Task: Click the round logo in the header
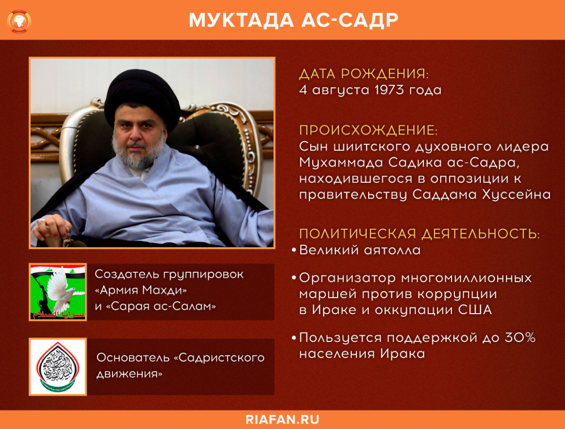click(20, 21)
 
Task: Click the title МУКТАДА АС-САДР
click(293, 21)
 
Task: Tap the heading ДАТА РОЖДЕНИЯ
click(364, 74)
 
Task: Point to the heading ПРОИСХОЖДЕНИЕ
click(368, 130)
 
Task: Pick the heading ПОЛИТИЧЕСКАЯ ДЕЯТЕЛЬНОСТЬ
click(419, 234)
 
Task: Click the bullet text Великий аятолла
click(360, 250)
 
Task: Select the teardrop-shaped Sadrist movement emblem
click(58, 367)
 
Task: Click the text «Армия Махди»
click(141, 290)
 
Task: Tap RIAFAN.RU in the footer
click(282, 419)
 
